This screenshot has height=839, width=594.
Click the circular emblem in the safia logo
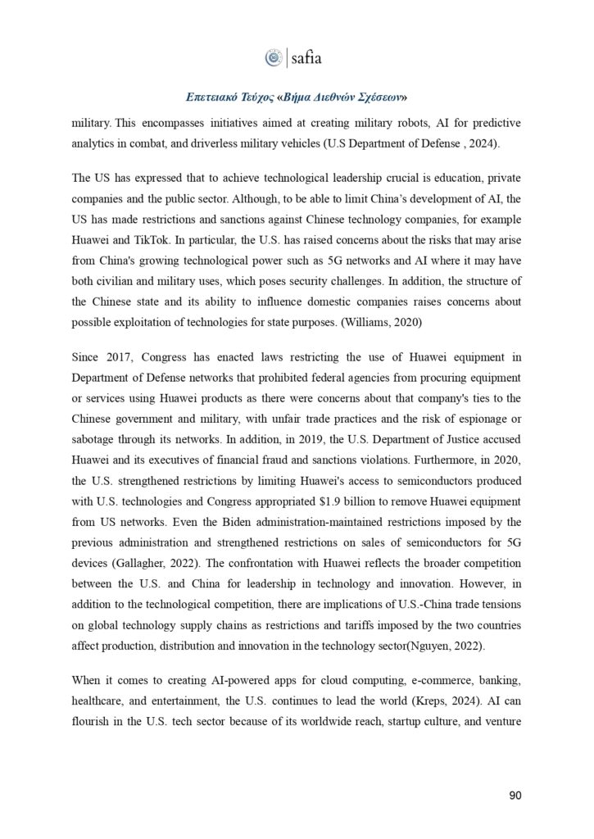pyautogui.click(x=273, y=58)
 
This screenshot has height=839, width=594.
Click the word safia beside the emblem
pyautogui.click(x=306, y=58)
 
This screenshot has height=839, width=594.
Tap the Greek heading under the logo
pyautogui.click(x=296, y=97)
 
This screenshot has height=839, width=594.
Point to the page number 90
pyautogui.click(x=515, y=795)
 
